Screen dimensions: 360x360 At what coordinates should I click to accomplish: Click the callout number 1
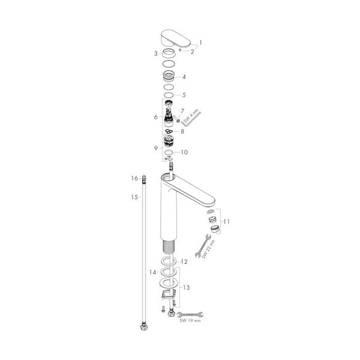click(200, 43)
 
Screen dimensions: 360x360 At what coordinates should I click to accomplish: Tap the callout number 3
click(155, 53)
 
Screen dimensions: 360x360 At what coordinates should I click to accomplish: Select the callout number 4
click(184, 77)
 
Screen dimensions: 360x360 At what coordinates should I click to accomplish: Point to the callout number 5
click(184, 95)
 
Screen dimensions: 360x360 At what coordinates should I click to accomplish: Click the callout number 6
click(156, 117)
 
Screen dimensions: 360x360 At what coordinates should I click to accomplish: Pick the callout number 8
click(182, 131)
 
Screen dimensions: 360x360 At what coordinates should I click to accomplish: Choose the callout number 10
click(184, 152)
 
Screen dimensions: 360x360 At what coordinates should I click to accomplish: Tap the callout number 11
click(227, 221)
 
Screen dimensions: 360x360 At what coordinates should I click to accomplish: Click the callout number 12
click(184, 262)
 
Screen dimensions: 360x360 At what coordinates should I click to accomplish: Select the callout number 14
click(152, 272)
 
